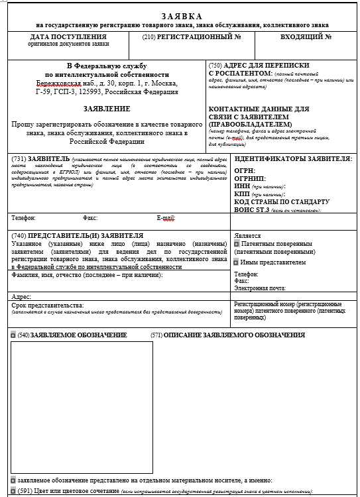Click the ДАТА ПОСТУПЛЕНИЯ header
point(68,36)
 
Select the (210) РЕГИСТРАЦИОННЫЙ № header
point(192,36)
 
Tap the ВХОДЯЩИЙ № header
point(306,36)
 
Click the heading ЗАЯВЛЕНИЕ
point(107,108)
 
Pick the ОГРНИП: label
point(249,179)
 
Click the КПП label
point(243,194)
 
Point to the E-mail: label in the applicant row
point(166,217)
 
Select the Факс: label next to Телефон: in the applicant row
point(90,217)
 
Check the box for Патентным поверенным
point(236,244)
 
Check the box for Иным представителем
point(236,262)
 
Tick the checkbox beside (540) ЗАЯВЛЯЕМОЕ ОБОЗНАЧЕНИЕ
point(13,335)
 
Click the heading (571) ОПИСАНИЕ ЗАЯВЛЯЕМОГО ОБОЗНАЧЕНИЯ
point(227,335)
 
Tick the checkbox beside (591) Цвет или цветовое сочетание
point(13,491)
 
